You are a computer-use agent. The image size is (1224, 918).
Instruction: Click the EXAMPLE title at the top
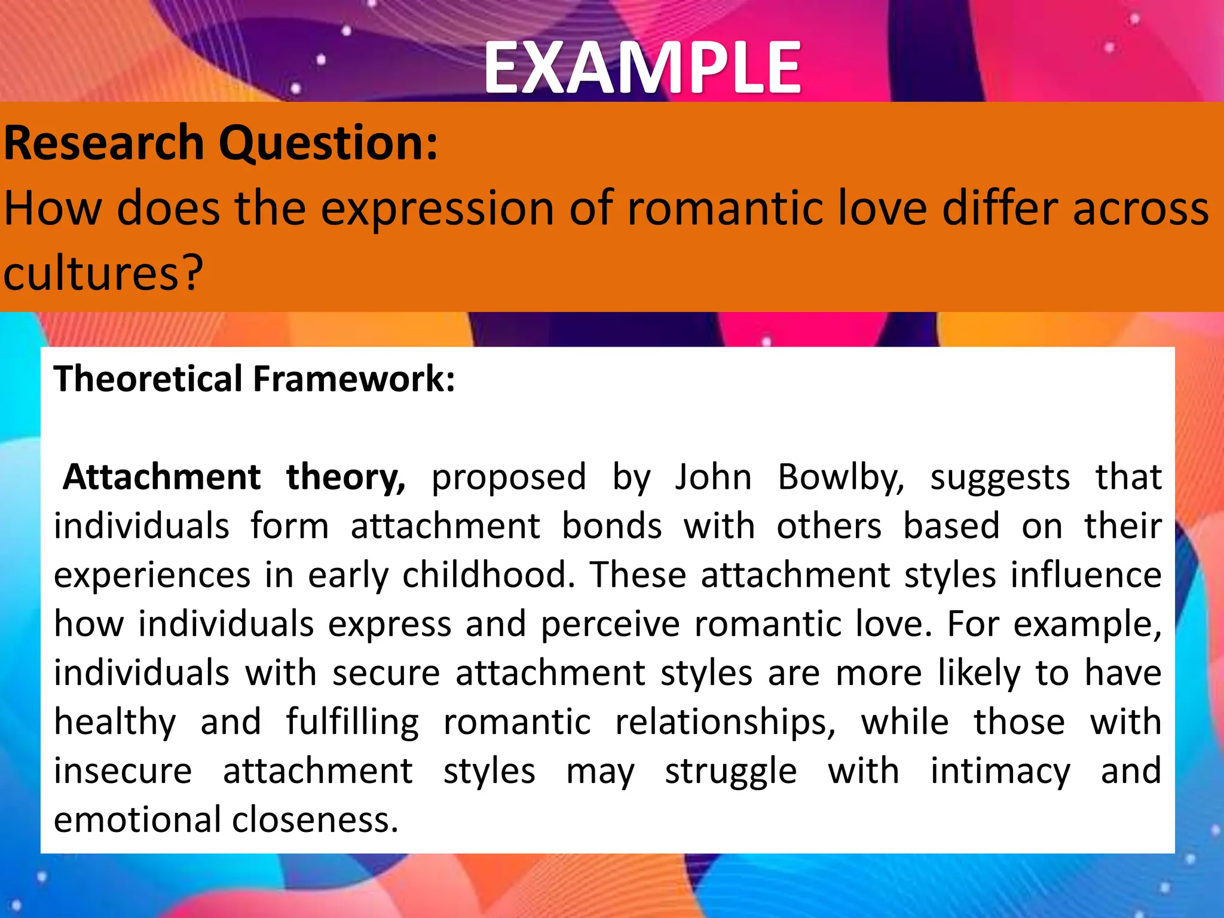coord(642,68)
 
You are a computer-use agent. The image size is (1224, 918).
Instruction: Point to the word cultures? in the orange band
coord(103,273)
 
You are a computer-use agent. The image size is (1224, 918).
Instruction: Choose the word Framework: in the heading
coord(354,379)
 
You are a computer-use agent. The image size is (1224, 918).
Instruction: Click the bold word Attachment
coord(162,477)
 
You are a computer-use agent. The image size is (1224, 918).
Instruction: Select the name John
coord(713,477)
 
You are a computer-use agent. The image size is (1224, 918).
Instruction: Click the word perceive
coord(610,625)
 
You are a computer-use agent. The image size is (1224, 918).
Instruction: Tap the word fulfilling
coord(352,722)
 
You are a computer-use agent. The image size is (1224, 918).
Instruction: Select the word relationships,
coord(725,722)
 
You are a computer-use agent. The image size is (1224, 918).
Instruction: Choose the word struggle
coord(730,772)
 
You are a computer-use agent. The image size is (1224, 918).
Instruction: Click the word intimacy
coord(1000,772)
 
